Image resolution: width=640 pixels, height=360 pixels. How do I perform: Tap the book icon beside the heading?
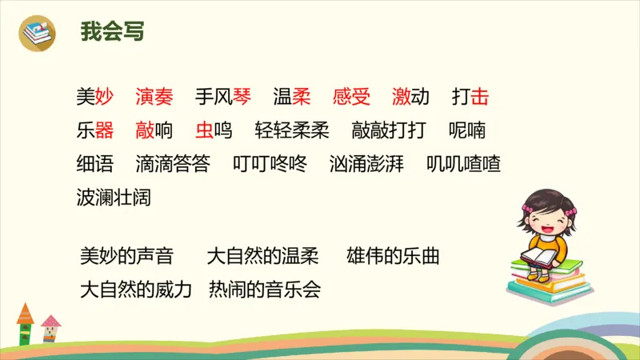click(38, 32)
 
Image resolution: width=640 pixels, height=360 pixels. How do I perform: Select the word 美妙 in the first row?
click(95, 98)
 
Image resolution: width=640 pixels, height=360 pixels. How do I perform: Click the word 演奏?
click(154, 98)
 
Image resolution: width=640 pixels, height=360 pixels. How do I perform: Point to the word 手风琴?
click(223, 98)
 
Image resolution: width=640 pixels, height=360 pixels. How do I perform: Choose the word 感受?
click(352, 98)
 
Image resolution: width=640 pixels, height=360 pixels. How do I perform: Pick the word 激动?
click(410, 98)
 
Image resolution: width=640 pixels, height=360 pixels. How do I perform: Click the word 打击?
click(470, 98)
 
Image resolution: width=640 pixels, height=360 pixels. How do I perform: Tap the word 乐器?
click(95, 130)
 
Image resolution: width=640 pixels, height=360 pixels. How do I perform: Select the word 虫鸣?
click(214, 130)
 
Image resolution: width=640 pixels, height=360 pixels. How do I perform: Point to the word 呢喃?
click(467, 130)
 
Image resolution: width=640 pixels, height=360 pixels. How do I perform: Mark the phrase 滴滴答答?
click(174, 164)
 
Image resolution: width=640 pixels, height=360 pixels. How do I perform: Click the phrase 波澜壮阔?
click(114, 197)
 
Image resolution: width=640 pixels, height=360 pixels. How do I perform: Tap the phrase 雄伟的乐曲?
click(394, 257)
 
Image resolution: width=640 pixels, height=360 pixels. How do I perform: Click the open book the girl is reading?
click(539, 258)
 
